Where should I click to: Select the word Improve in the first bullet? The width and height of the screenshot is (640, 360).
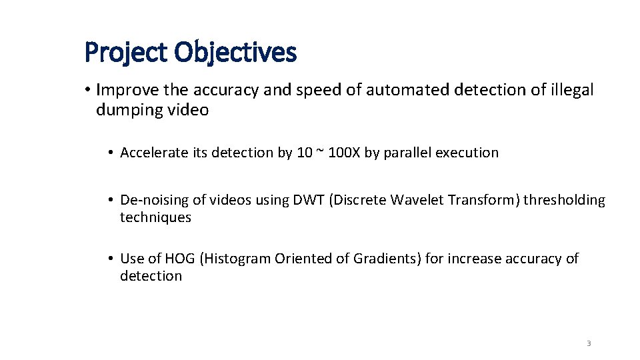pyautogui.click(x=124, y=90)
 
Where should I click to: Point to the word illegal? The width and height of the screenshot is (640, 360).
pyautogui.click(x=571, y=90)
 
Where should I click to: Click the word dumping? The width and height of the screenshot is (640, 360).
pyautogui.click(x=127, y=110)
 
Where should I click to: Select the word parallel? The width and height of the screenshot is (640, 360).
pyautogui.click(x=407, y=153)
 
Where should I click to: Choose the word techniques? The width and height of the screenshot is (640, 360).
pyautogui.click(x=155, y=217)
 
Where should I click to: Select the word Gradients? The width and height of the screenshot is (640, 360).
pyautogui.click(x=389, y=259)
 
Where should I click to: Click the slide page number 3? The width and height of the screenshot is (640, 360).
pyautogui.click(x=589, y=343)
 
